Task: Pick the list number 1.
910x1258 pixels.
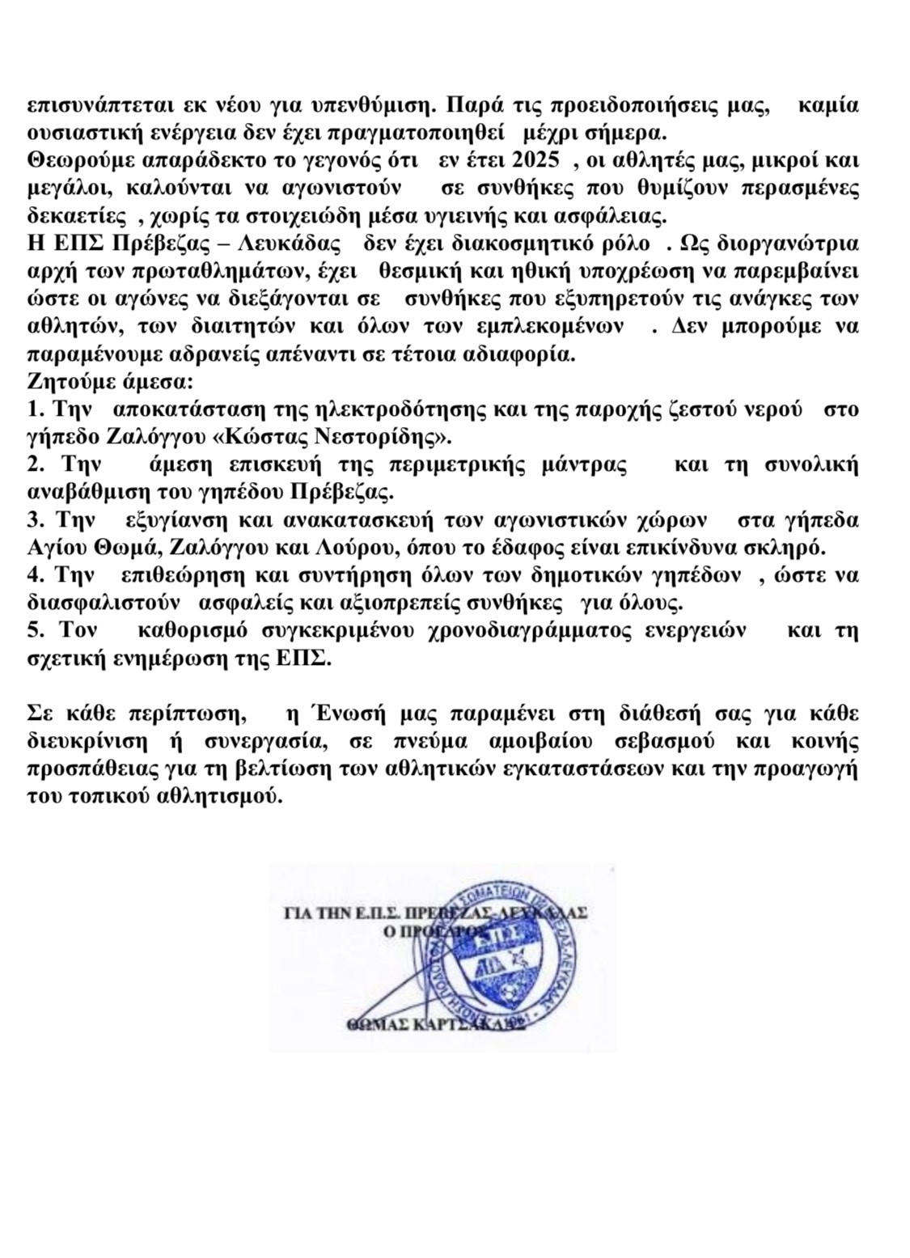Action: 34,409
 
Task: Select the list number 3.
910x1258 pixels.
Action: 34,519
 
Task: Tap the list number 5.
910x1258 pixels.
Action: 34,629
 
